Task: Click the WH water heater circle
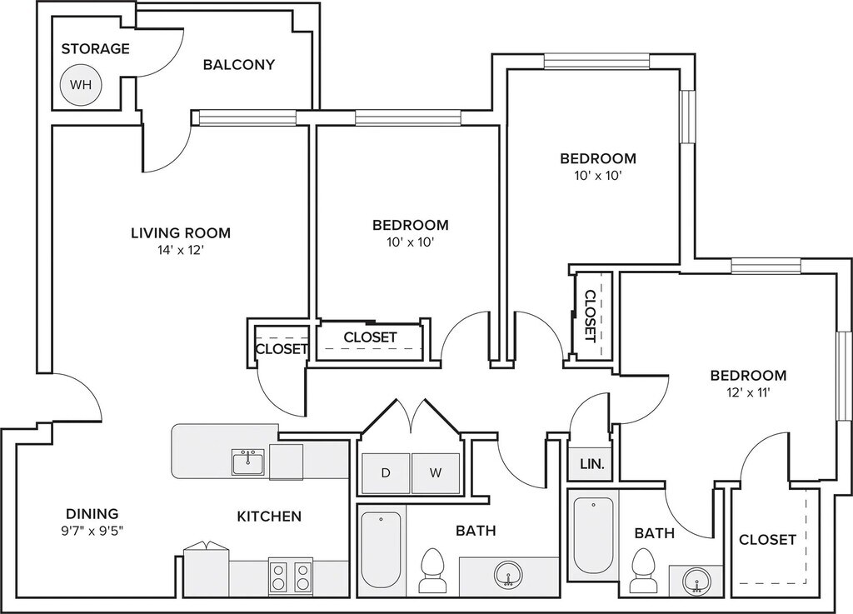(81, 84)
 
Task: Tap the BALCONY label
(239, 65)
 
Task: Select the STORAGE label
(96, 48)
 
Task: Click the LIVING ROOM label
(181, 232)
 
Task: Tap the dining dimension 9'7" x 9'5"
(92, 529)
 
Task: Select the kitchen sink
(248, 462)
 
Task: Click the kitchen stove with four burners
(291, 576)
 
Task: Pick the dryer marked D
(385, 473)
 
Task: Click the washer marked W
(435, 473)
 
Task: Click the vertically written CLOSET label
(590, 316)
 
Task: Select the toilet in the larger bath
(432, 570)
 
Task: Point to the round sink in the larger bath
(508, 574)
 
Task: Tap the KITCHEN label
(269, 517)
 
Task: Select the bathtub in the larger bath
(382, 551)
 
